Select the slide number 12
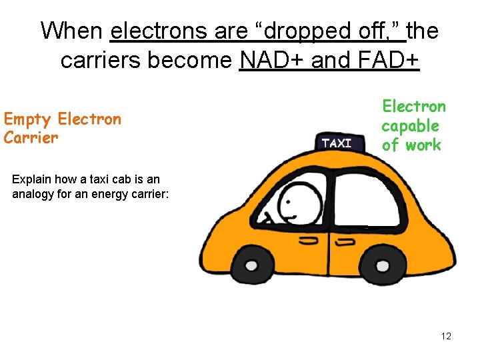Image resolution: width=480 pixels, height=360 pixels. click(446, 336)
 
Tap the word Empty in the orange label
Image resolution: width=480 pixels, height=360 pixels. click(27, 120)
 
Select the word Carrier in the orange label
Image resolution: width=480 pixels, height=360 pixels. click(31, 138)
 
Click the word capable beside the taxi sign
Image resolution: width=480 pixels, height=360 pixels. click(410, 126)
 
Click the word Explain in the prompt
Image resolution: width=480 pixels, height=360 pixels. click(31, 179)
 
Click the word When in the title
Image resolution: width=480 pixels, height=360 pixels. click(73, 31)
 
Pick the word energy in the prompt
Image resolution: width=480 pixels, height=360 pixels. click(111, 194)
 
